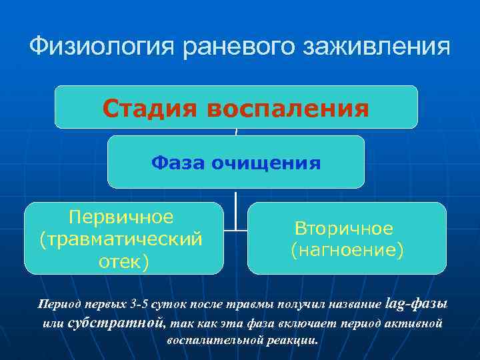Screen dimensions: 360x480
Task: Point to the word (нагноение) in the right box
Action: pos(347,250)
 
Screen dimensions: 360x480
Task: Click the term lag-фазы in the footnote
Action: pos(417,303)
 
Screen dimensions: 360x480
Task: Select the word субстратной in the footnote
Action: pos(116,323)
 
